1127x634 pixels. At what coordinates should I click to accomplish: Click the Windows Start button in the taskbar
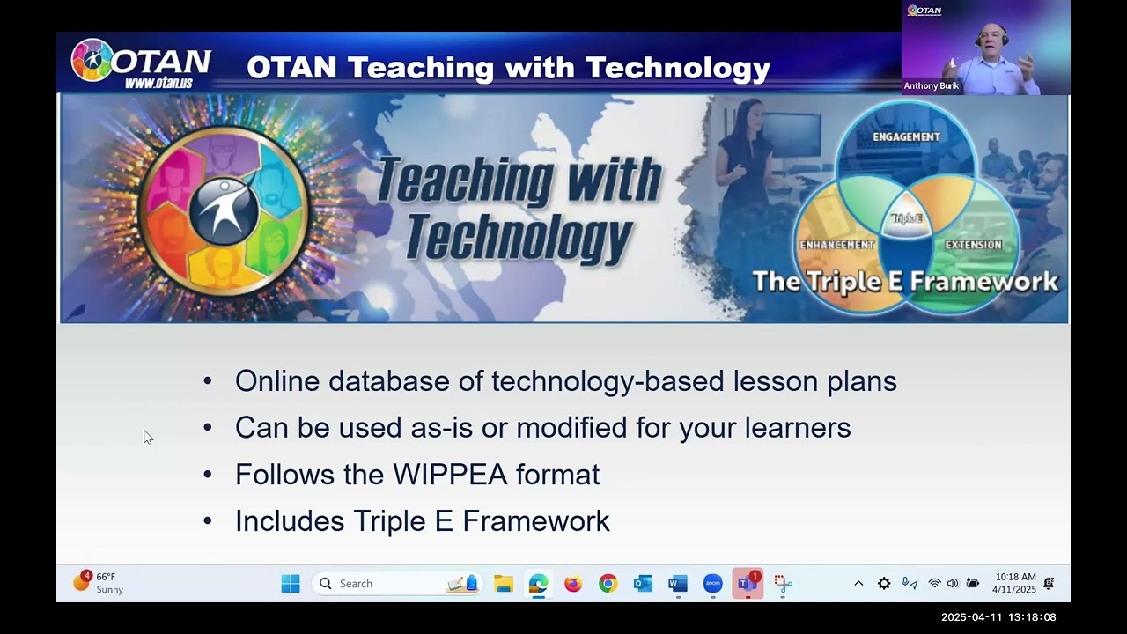tap(291, 584)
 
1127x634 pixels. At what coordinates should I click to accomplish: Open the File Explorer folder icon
tap(504, 584)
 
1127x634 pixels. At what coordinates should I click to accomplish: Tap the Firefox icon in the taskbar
tap(573, 584)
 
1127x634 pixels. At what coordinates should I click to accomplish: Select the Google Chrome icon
tap(608, 584)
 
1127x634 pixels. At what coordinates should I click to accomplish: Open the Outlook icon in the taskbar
tap(643, 584)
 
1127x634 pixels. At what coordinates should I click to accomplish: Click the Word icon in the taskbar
tap(677, 584)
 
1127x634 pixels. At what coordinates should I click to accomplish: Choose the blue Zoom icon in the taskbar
tap(712, 584)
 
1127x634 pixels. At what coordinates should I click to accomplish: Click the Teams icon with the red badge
tap(748, 584)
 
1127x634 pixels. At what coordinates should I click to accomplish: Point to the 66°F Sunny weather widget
tap(99, 583)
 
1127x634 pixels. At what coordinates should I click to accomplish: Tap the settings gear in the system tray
tap(884, 584)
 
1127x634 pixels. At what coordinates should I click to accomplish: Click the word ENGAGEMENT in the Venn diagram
tap(906, 136)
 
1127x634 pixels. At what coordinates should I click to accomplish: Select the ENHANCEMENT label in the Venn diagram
tap(836, 245)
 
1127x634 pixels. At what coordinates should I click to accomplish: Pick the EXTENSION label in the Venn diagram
tap(973, 245)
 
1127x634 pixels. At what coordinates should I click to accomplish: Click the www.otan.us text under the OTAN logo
tap(158, 83)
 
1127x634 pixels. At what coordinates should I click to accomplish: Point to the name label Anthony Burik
tap(931, 86)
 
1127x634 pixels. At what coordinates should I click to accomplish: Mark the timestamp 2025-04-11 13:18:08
tap(998, 617)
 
